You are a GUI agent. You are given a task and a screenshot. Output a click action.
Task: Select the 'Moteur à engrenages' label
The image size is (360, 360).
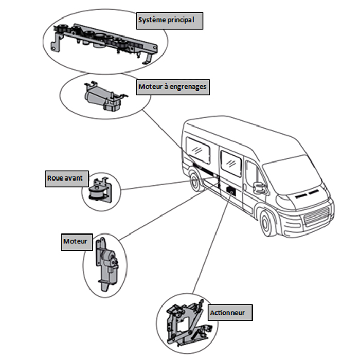172,87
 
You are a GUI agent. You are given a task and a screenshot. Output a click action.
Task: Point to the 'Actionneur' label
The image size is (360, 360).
230,312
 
